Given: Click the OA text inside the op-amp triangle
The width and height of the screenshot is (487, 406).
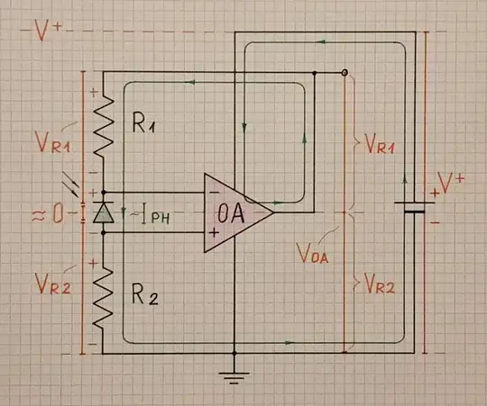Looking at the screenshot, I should (231, 214).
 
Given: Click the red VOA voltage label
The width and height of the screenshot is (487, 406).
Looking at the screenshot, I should (312, 253).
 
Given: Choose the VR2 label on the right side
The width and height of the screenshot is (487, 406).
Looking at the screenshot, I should (376, 285).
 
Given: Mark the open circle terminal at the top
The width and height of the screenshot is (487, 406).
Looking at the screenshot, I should (344, 72).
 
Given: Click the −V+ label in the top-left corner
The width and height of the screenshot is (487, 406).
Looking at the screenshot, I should (44, 29).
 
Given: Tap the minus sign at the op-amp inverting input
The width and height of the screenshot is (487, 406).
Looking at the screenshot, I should (214, 192).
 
